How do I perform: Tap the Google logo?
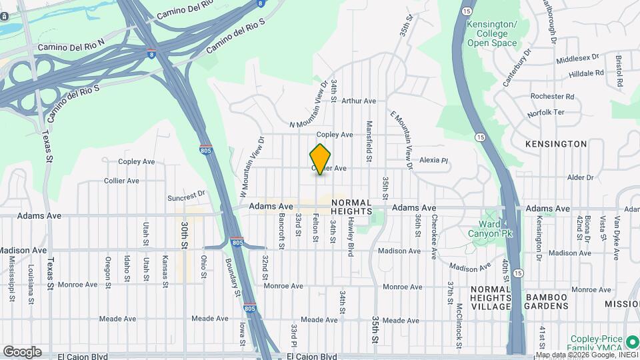coord(22,352)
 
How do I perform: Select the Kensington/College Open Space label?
coord(492,34)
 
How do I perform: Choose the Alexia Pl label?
coord(434,161)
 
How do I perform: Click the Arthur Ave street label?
coord(359,101)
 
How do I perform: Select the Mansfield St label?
coord(368,141)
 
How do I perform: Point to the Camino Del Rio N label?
coord(72,45)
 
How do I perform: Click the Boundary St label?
coord(233,277)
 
